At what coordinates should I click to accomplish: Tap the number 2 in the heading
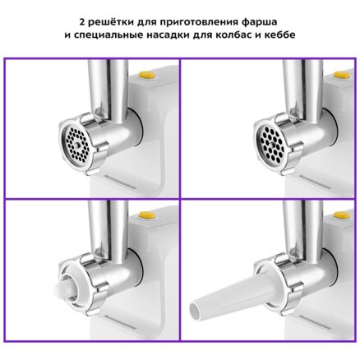(82, 22)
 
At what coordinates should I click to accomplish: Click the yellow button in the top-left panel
(145, 75)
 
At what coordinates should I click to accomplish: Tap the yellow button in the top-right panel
(340, 75)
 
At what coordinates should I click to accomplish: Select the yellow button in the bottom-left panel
(145, 215)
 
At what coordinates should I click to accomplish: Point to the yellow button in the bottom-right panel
(340, 215)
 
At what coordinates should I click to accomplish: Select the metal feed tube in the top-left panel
(108, 89)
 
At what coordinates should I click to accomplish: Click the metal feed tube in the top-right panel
(302, 89)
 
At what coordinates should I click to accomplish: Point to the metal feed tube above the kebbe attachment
(108, 228)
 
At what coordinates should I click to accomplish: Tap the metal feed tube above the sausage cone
(302, 228)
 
